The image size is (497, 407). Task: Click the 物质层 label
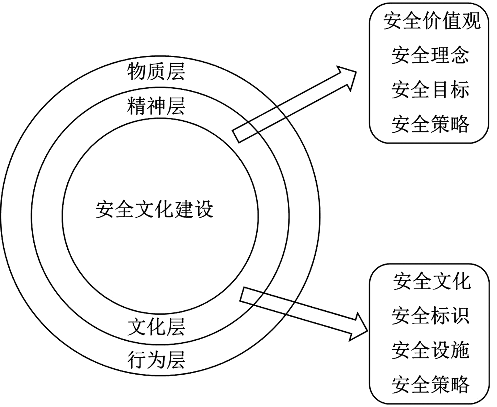[x=156, y=72]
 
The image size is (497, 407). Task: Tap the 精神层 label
[x=156, y=106]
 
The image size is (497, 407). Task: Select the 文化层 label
[x=156, y=327]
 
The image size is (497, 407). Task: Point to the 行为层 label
[x=156, y=360]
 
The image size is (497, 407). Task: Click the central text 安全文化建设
[x=154, y=210]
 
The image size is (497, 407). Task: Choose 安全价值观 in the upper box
[x=432, y=21]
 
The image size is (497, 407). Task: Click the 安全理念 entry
[x=430, y=55]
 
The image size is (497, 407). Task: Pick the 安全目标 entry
[x=430, y=90]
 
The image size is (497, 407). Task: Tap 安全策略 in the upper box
[x=430, y=124]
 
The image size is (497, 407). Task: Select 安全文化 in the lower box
[x=432, y=281]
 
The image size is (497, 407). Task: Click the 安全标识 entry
[x=430, y=316]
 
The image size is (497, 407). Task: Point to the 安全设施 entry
[x=430, y=350]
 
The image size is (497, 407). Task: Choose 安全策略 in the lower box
[x=430, y=385]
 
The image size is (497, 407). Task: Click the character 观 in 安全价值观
[x=471, y=21]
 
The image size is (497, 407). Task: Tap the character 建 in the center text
[x=184, y=210]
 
